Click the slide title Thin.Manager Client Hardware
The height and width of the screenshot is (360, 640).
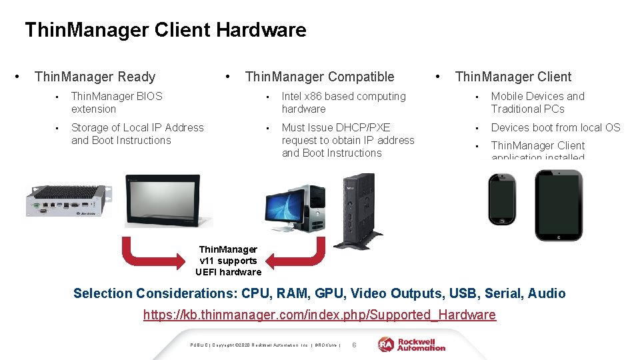coord(165,30)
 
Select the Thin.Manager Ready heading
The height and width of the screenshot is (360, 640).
coord(95,77)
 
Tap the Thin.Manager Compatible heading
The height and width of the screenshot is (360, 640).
coord(319,77)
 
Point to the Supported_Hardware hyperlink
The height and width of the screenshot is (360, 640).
coord(319,315)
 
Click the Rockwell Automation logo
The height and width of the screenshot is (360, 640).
coord(411,344)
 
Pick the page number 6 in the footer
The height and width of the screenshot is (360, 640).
coord(354,345)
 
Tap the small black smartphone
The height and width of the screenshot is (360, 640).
coord(501,199)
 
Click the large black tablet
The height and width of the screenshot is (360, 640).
coord(559,205)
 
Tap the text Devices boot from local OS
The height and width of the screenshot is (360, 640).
coord(555,127)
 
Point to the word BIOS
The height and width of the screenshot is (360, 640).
coord(149,97)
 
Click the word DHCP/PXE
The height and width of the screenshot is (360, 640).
coord(366,127)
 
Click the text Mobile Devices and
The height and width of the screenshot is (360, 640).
coord(537,97)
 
